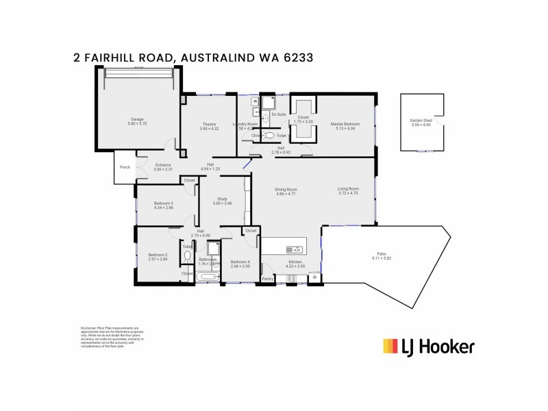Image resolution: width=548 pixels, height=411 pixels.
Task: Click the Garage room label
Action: pos(137,119)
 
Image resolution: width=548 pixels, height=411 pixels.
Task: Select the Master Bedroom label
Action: pos(345,124)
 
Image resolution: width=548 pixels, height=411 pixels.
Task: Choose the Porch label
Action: pos(125,167)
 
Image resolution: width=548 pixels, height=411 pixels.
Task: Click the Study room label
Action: pos(222,199)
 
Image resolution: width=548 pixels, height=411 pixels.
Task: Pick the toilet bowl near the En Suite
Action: pos(269,136)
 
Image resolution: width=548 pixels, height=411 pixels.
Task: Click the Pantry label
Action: pos(268,279)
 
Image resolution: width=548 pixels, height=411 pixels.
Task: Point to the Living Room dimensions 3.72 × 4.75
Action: pos(348,194)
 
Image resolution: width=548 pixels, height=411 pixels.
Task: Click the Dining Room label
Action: pos(286,189)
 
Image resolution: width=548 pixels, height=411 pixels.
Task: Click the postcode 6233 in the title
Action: pos(299,58)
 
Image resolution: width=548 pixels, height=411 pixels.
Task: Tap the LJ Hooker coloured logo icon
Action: pos(391,347)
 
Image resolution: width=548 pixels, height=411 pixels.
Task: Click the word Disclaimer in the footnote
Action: pos(89,328)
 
